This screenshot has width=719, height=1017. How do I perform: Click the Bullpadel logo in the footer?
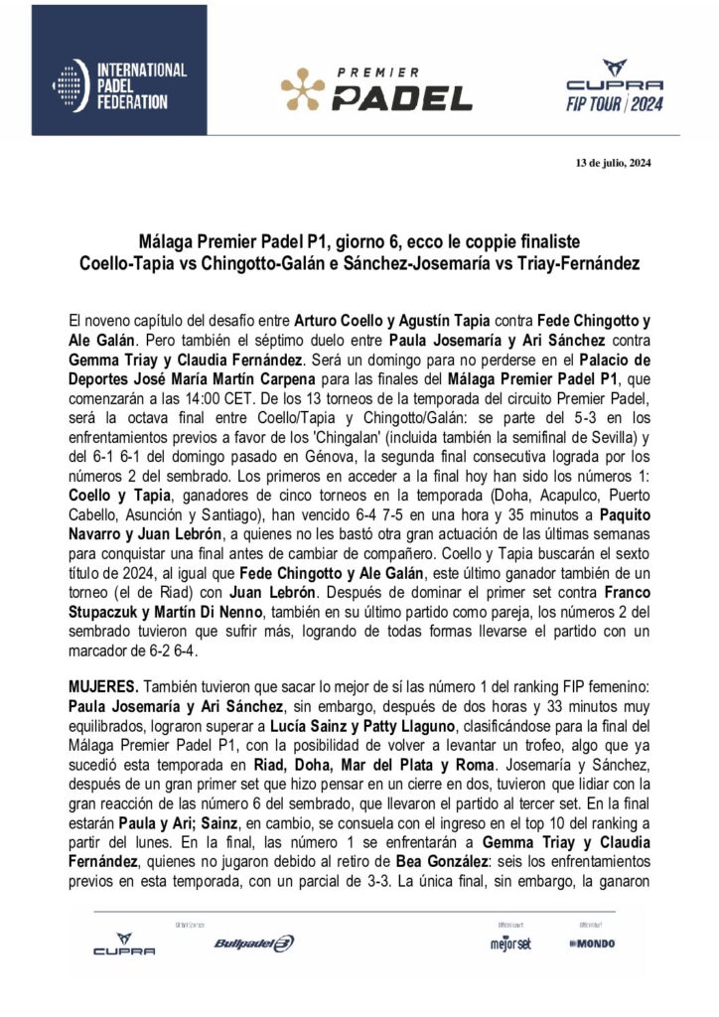tap(253, 943)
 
